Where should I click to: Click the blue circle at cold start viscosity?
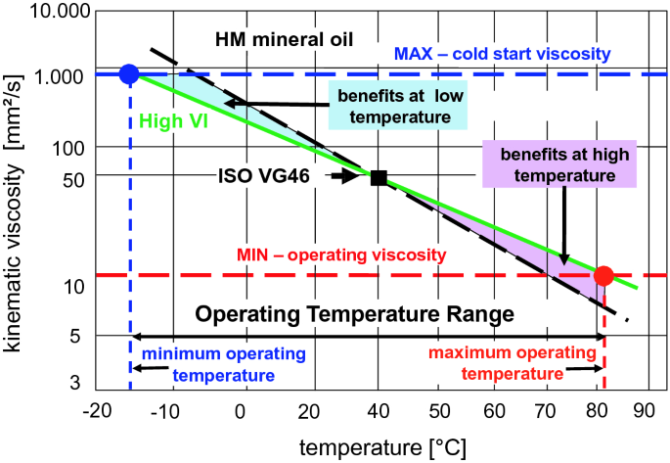tap(128, 74)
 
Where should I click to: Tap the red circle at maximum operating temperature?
tap(603, 276)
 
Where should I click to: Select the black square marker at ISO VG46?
tap(379, 177)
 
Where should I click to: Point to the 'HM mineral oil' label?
tap(285, 40)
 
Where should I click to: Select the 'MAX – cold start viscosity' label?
tap(502, 53)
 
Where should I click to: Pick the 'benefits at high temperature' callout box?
tap(558, 166)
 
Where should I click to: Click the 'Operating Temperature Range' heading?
tap(355, 315)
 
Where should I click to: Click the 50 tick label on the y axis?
tap(78, 177)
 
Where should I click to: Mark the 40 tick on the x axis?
tap(379, 410)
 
